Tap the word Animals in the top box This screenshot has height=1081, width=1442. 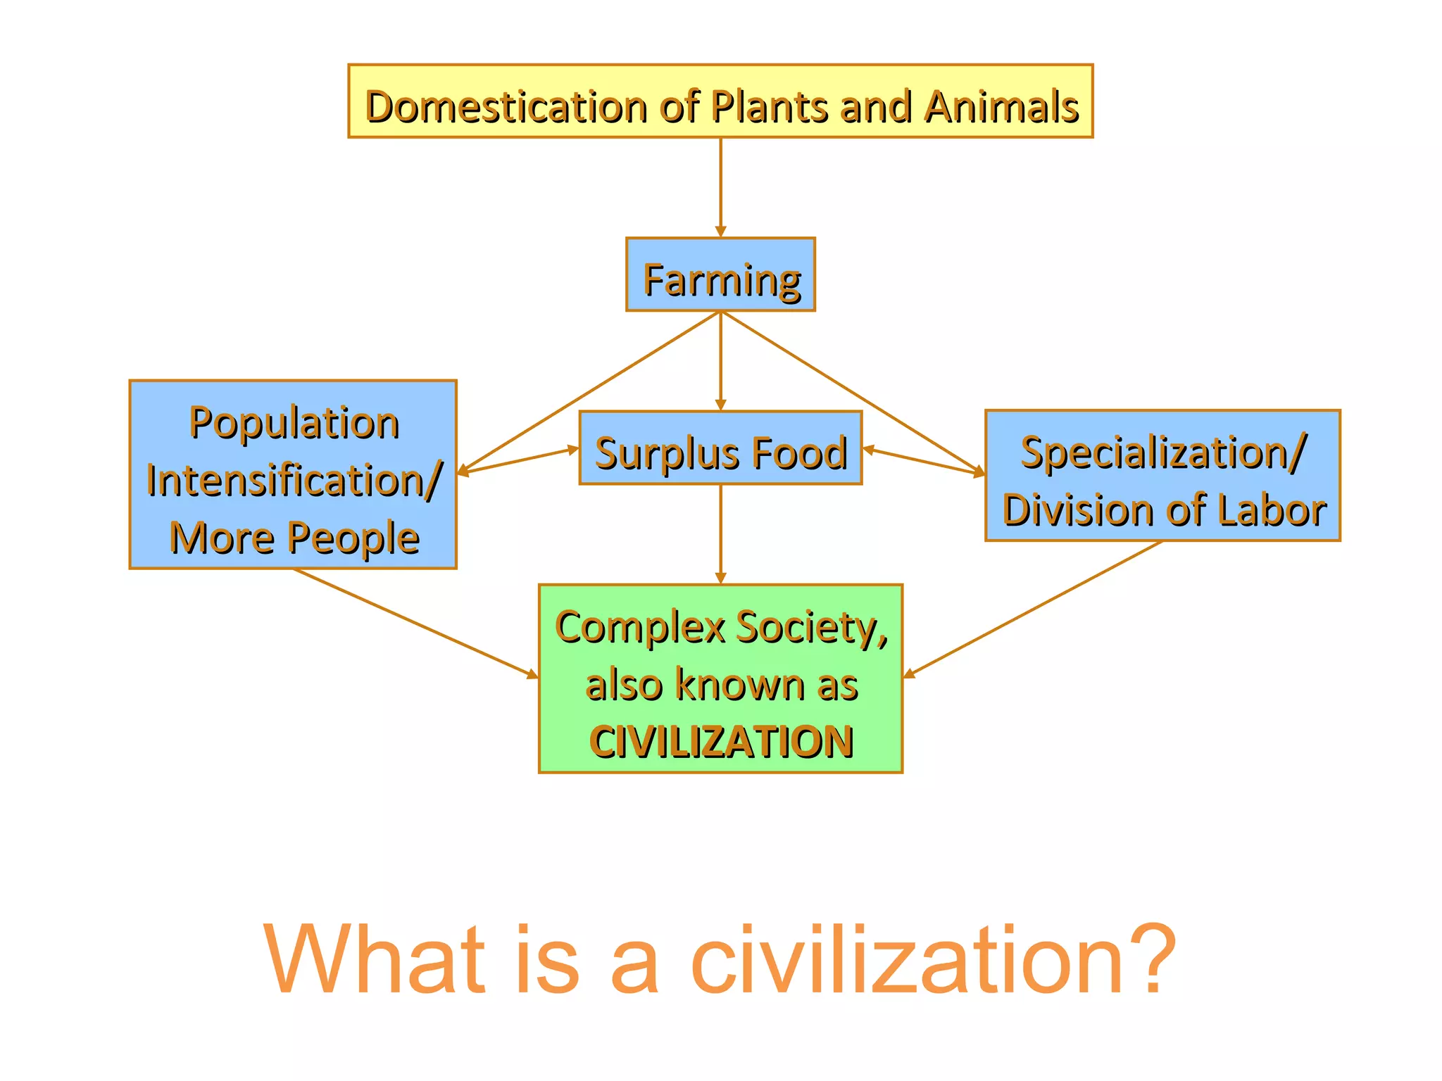[1001, 107]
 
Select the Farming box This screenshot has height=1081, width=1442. [720, 275]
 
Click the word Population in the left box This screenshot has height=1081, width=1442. [294, 424]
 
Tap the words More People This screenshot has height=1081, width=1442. [294, 538]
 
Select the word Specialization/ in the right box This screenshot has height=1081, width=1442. [1163, 452]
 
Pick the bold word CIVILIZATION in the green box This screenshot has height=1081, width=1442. [721, 742]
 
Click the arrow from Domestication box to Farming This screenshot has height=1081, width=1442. [720, 187]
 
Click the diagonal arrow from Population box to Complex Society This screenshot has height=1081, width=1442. [415, 624]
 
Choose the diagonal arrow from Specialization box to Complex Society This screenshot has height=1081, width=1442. [1032, 609]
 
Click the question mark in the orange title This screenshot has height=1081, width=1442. [1148, 960]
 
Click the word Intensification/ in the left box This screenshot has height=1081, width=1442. [294, 481]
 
